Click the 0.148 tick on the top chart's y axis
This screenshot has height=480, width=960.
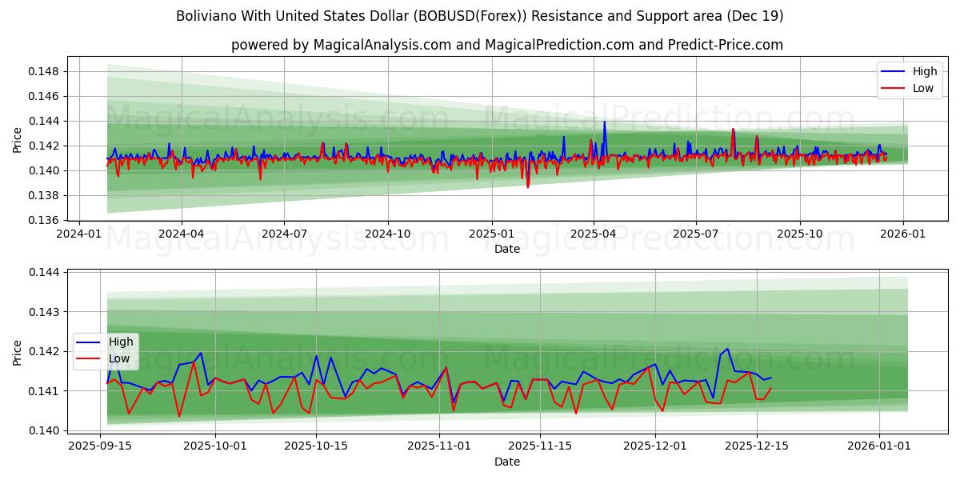point(44,71)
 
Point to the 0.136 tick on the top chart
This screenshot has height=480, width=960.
point(44,220)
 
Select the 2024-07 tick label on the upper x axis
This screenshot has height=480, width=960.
point(284,234)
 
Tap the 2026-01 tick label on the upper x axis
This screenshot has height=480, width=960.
point(903,234)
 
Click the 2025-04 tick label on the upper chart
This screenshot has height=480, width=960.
point(594,234)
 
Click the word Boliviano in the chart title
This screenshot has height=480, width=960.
point(205,16)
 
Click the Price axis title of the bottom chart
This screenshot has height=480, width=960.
point(18,352)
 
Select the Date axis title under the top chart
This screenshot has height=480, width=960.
point(506,249)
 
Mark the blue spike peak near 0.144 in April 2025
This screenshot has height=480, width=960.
point(604,122)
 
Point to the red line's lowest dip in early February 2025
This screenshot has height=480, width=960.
point(527,187)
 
